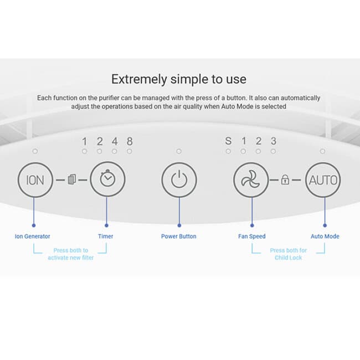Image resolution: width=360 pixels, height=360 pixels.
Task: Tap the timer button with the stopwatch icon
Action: [x=107, y=179]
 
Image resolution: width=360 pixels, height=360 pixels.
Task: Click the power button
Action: [x=179, y=180]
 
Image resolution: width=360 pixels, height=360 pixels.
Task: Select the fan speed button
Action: [x=251, y=180]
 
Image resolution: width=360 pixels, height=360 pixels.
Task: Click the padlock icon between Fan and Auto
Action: [x=285, y=179]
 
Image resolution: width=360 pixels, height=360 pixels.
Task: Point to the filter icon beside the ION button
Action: [x=72, y=179]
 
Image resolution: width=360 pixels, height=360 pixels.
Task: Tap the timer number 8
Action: [x=130, y=141]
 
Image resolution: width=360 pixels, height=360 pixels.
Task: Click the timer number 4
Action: [x=115, y=141]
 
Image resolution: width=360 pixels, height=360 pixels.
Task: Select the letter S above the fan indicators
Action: [x=228, y=141]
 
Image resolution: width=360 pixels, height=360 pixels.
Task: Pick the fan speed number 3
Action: [x=273, y=141]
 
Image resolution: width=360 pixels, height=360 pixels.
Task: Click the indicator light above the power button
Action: [x=179, y=151]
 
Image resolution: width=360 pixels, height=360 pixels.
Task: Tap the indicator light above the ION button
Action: [x=35, y=151]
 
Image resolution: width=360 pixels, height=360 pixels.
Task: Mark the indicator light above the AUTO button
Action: [x=322, y=151]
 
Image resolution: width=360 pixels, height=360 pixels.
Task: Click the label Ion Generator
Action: [x=32, y=236]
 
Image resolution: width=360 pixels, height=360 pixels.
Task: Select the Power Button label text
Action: [x=179, y=236]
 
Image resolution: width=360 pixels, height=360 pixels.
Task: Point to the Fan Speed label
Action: [x=252, y=236]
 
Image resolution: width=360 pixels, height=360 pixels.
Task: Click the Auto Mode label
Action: [x=325, y=236]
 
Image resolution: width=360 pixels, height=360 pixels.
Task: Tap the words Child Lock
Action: [x=289, y=258]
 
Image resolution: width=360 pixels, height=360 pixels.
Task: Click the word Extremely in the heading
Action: [x=139, y=79]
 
